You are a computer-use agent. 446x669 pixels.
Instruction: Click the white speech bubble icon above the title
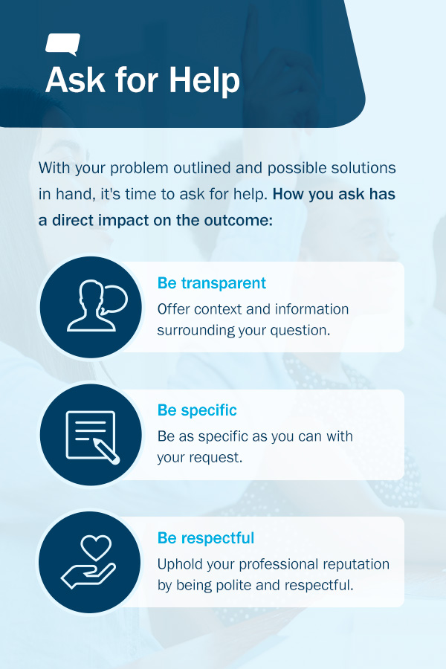click(x=62, y=44)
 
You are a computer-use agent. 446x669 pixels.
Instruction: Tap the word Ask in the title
click(x=73, y=80)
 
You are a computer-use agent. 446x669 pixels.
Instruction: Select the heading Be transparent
click(x=212, y=283)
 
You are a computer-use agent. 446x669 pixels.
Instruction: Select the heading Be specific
click(x=197, y=410)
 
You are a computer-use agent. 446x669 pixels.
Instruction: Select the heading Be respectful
click(x=206, y=537)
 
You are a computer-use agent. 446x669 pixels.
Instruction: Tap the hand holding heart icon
click(x=90, y=561)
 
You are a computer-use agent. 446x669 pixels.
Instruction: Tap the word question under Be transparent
click(x=299, y=330)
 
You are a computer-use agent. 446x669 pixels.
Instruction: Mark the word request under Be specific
click(x=216, y=457)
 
